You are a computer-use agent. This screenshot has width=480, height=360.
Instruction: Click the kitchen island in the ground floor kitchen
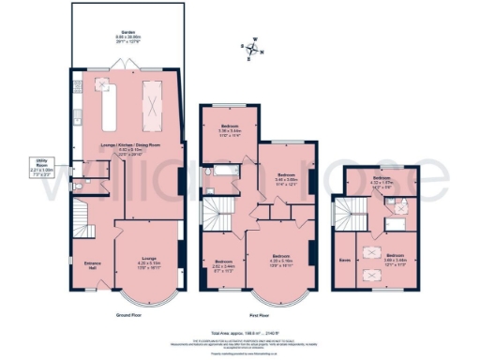pos(105,105)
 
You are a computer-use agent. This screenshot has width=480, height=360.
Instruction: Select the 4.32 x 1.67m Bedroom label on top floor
pos(381,179)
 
